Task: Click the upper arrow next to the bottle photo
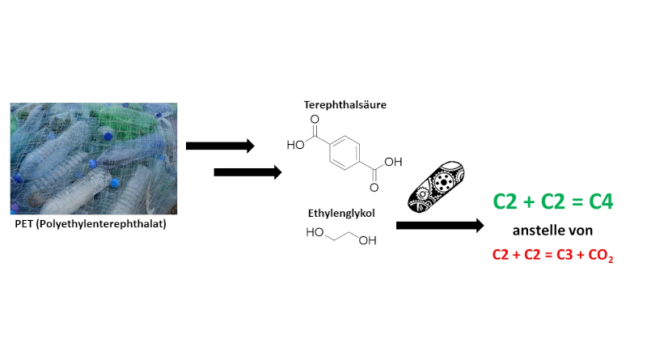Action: [x=220, y=146]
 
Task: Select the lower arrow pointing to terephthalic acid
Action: [x=247, y=172]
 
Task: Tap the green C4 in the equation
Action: [x=598, y=201]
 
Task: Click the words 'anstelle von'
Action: [x=552, y=230]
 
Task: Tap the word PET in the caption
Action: [x=27, y=224]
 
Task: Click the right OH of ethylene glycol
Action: [x=367, y=241]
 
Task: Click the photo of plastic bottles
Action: [x=94, y=159]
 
